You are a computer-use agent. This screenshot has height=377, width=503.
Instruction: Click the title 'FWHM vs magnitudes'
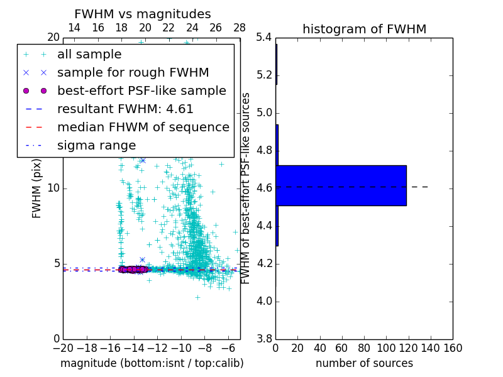(143, 14)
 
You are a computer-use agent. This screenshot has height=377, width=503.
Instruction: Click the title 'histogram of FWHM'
(364, 29)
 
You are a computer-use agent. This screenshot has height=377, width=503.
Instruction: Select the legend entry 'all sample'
(89, 55)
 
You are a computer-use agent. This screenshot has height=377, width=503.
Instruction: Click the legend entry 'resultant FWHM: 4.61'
(125, 109)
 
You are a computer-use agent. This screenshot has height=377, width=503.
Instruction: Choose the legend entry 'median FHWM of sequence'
(143, 128)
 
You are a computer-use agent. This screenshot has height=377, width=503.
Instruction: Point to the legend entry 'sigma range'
(96, 146)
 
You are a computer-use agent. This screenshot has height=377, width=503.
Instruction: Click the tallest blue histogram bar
(341, 185)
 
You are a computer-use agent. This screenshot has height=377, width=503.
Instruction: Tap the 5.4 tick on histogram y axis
(263, 38)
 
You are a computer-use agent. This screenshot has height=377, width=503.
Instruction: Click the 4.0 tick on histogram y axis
(263, 302)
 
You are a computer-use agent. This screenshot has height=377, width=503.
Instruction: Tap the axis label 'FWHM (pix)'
(37, 188)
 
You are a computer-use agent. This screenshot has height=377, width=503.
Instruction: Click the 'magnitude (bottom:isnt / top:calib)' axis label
(152, 364)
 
